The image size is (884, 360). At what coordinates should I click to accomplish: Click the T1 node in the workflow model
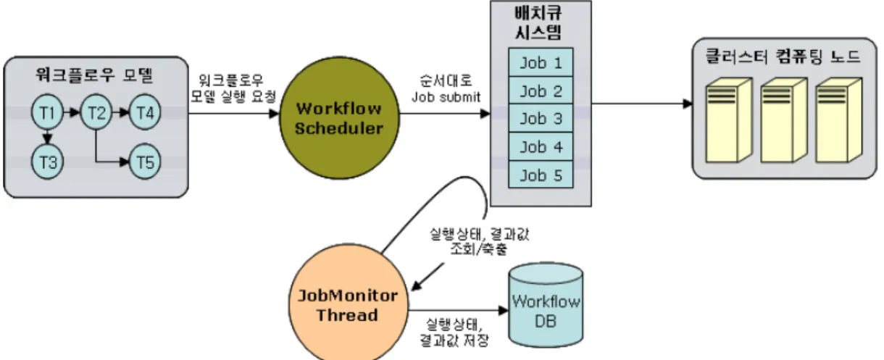47,112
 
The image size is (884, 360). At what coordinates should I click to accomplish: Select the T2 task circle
96,112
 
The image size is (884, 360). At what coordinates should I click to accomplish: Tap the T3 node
47,162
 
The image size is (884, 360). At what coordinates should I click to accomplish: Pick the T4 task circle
145,112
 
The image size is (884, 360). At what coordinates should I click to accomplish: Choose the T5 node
145,162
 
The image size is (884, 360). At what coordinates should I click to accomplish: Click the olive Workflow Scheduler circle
339,118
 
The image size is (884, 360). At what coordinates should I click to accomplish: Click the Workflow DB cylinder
546,305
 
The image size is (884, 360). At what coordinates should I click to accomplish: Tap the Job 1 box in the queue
541,62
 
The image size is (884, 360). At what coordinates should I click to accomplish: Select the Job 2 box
541,91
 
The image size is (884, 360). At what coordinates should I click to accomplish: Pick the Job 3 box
541,118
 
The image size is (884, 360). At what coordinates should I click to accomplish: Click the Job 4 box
541,147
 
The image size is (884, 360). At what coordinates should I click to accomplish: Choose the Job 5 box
541,175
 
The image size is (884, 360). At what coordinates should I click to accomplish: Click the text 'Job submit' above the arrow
446,97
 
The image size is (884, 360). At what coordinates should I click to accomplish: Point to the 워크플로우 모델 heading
94,75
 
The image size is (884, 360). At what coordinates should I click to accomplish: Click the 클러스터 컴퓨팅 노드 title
783,56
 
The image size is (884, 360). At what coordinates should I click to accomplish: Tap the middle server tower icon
783,120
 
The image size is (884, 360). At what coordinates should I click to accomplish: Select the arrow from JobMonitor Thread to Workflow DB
458,310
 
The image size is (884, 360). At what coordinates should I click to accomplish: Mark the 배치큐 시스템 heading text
538,23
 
